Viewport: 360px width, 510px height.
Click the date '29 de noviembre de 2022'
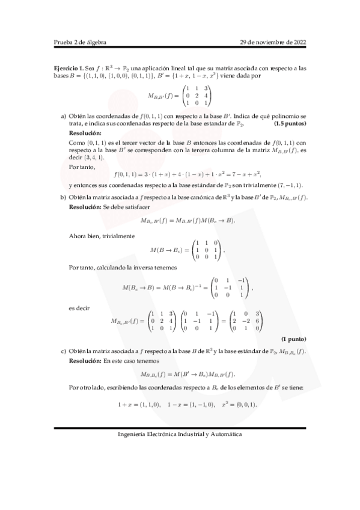pyautogui.click(x=273, y=42)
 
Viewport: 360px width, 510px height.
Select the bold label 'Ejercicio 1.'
pyautogui.click(x=69, y=69)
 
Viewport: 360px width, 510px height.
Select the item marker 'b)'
pyautogui.click(x=63, y=197)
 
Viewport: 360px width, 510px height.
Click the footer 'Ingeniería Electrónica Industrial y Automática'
pyautogui.click(x=180, y=434)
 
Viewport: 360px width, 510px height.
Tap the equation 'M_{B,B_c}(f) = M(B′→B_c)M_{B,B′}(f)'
pyautogui.click(x=188, y=373)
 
